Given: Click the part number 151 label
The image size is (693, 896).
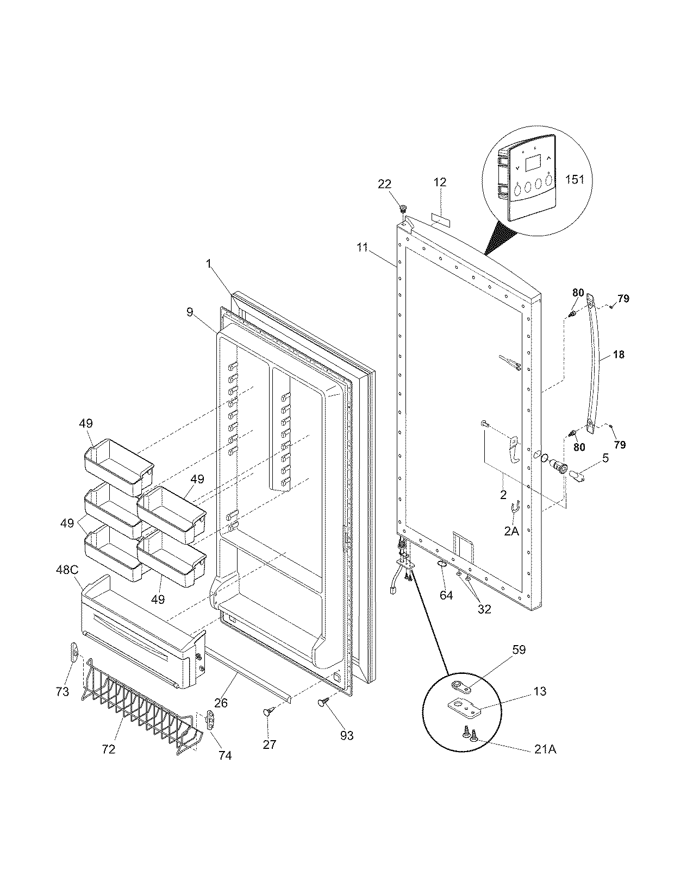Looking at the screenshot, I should [575, 178].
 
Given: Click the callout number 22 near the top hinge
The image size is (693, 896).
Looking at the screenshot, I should [384, 184].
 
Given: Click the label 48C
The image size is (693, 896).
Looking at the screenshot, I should [66, 570].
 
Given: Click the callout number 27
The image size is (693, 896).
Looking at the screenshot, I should [270, 744].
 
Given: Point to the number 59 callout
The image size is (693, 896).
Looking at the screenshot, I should [519, 649].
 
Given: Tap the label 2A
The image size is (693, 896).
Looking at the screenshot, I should [511, 531].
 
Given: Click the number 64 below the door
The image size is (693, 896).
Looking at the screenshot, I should [446, 595].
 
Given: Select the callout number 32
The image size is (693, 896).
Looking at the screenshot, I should [484, 609].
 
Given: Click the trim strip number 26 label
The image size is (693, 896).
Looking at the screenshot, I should [221, 703].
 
